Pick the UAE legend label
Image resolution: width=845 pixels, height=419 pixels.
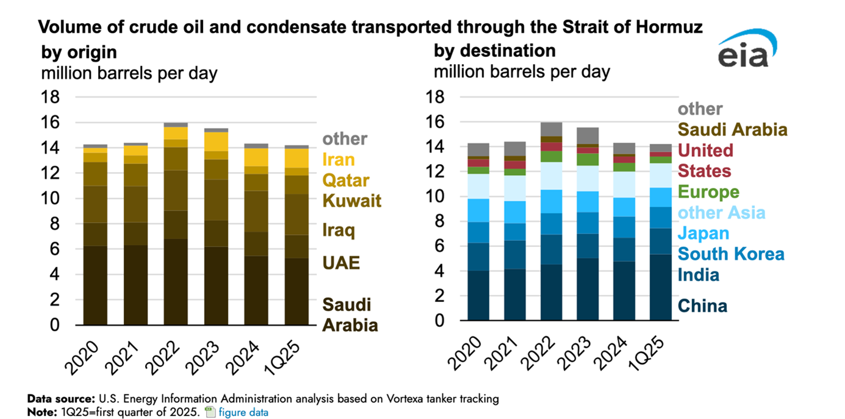(x=341, y=263)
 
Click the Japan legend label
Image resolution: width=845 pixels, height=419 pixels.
(x=703, y=234)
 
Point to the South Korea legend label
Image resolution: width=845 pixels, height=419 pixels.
(x=731, y=254)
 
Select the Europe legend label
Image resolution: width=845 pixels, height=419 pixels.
(x=708, y=192)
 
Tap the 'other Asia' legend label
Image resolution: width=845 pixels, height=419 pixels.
(x=722, y=213)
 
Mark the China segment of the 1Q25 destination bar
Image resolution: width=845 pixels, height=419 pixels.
(x=661, y=287)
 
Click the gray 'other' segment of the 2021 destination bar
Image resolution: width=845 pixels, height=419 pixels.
(x=515, y=148)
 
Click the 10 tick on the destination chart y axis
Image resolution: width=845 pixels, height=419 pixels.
(x=443, y=197)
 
